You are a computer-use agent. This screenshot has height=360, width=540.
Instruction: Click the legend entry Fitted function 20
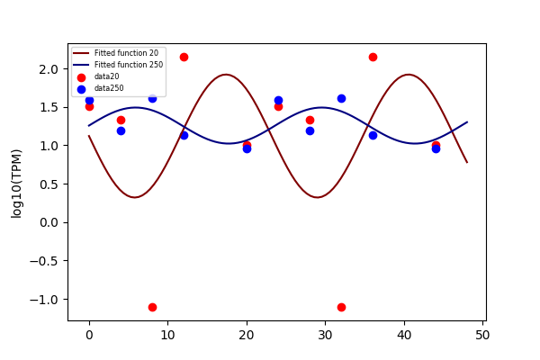[126, 53]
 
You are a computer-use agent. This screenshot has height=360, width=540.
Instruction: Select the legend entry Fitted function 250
[129, 65]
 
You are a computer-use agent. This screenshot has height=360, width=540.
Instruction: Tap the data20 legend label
[107, 76]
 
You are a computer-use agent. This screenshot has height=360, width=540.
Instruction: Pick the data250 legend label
[109, 88]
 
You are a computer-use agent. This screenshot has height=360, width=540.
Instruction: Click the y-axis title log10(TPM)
[16, 184]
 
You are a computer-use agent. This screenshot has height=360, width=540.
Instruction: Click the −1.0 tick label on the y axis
[44, 300]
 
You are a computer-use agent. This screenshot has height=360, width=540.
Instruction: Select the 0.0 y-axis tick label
[49, 223]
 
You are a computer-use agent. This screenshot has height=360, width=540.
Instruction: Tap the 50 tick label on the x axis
[482, 335]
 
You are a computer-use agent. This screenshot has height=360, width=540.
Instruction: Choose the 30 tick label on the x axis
[325, 335]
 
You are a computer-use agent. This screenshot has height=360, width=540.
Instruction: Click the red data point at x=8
[153, 307]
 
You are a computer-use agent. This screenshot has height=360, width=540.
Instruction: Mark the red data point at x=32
[341, 307]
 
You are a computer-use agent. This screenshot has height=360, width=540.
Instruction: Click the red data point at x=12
[184, 58]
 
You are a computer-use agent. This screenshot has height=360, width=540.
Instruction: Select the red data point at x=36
[373, 58]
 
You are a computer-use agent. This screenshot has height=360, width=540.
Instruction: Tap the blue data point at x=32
[341, 98]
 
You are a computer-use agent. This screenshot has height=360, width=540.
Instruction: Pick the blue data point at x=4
[121, 130]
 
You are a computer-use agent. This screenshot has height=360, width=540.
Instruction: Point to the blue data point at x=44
[436, 148]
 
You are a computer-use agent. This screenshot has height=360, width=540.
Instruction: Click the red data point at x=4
[121, 121]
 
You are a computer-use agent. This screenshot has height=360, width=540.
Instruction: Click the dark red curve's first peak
[226, 75]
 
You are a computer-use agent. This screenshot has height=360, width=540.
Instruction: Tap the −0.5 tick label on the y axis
[44, 261]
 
